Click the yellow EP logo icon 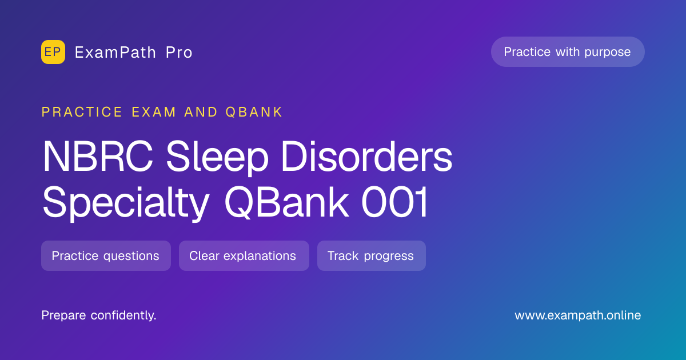point(53,52)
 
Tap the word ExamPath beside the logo point(115,53)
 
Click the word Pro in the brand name point(179,53)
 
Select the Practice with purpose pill point(568,52)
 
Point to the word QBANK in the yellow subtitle point(254,112)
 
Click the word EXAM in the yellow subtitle point(154,112)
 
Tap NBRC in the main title point(98,157)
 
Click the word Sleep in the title point(217,158)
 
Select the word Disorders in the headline point(366,156)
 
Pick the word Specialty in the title point(126,203)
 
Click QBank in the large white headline point(286,202)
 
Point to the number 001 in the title point(394,202)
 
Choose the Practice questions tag point(106,255)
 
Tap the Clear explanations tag point(244,255)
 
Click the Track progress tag point(372,255)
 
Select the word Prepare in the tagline point(63,315)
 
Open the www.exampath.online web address point(577,315)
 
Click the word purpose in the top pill point(608,53)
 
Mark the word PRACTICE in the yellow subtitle point(82,112)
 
